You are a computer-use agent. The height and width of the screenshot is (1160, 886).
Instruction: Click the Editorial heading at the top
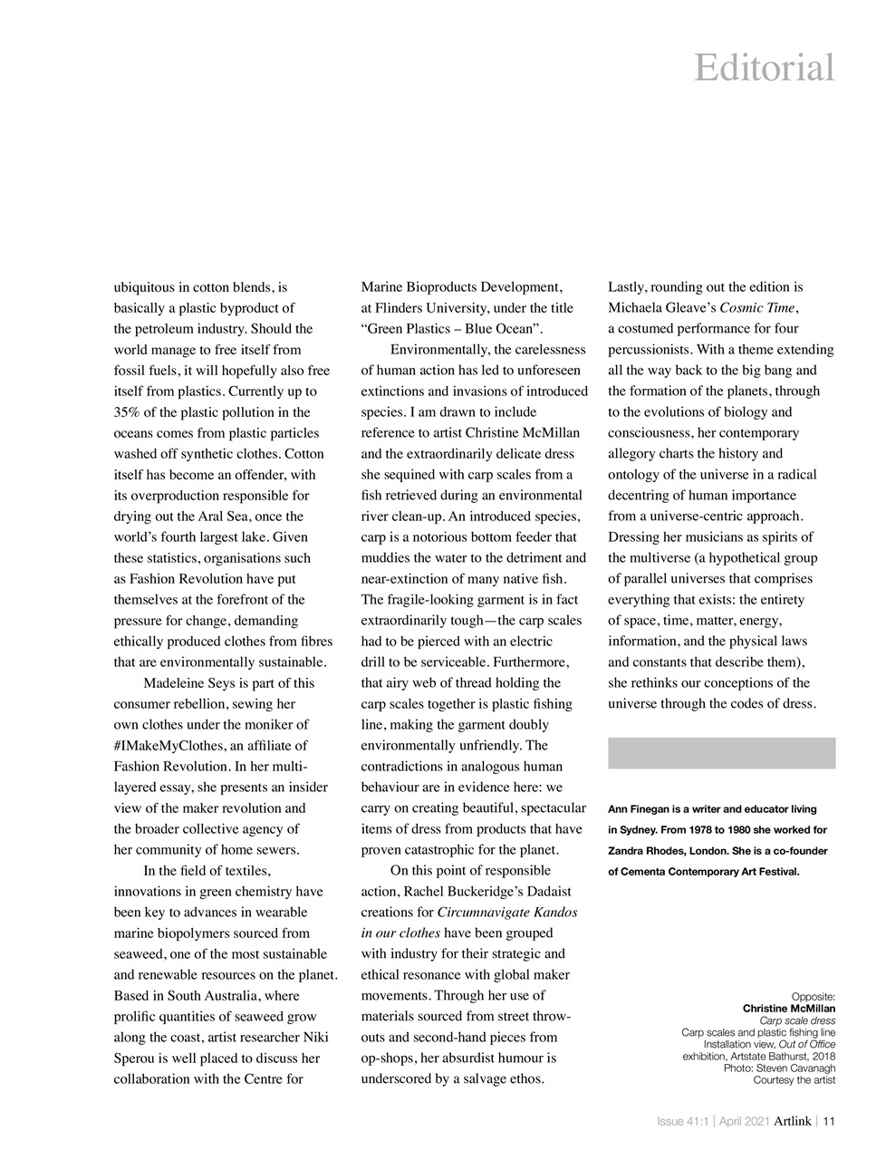pyautogui.click(x=764, y=68)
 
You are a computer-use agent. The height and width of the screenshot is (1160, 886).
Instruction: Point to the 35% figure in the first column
pyautogui.click(x=129, y=412)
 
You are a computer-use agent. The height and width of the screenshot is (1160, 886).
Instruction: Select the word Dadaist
pyautogui.click(x=549, y=891)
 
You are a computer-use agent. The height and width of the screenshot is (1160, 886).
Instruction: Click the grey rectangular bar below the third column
pyautogui.click(x=721, y=753)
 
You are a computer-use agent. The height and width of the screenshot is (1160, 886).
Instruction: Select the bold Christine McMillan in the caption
pyautogui.click(x=788, y=1009)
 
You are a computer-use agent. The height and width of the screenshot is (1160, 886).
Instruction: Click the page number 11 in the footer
pyautogui.click(x=828, y=1121)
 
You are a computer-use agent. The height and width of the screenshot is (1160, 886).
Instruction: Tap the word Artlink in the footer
pyautogui.click(x=792, y=1121)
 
